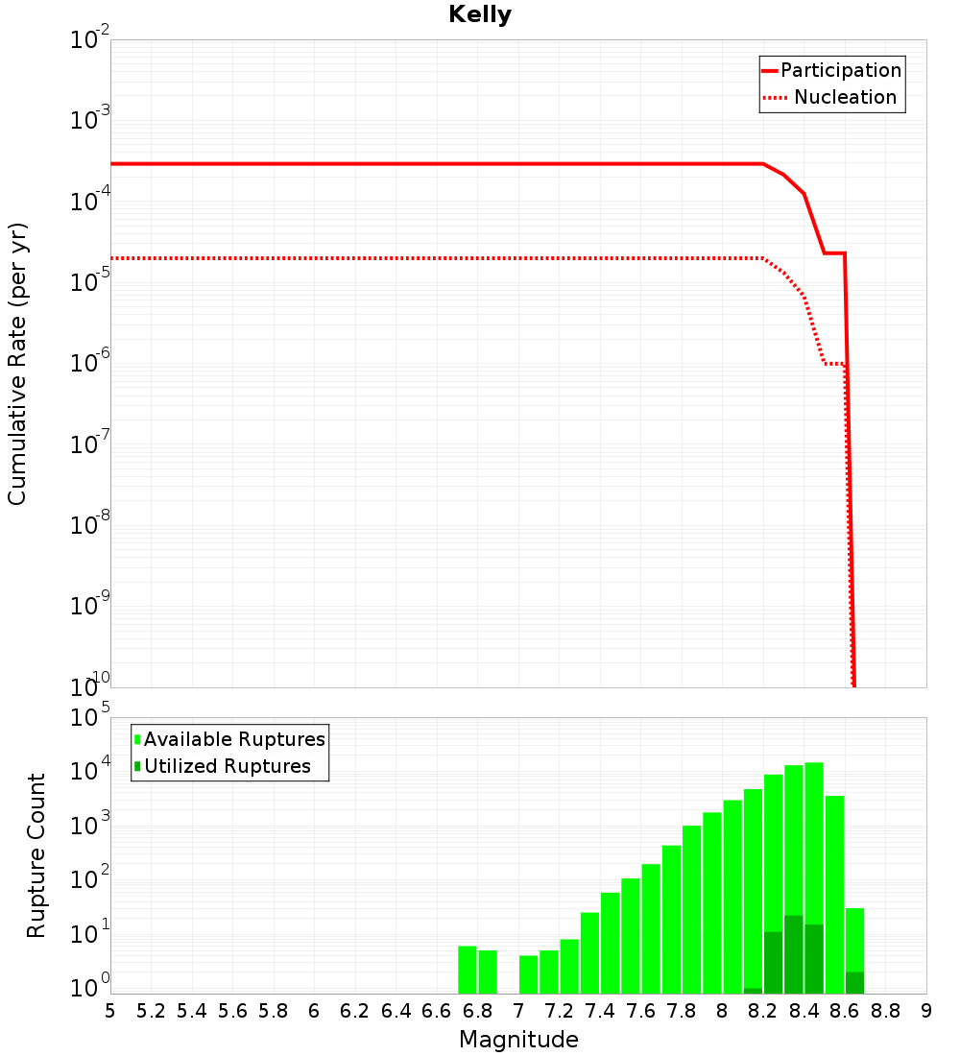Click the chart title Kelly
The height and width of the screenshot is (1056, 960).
(x=480, y=15)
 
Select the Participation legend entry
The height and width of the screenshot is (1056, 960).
(x=840, y=71)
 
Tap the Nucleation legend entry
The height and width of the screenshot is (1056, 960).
(x=845, y=98)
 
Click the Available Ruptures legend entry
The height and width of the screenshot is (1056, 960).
(x=234, y=739)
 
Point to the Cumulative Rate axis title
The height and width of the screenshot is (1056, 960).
(x=17, y=365)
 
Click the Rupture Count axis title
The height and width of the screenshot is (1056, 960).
(x=36, y=854)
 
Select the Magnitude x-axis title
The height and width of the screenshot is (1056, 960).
(x=518, y=1040)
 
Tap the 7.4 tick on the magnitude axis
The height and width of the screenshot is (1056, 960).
(x=600, y=1010)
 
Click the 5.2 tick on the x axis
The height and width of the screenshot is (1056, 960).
(x=151, y=1010)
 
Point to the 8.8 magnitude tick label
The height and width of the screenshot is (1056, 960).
(x=885, y=1010)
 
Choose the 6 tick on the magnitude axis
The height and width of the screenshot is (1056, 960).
(x=314, y=1010)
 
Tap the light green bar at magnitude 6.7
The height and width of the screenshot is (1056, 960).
(x=468, y=970)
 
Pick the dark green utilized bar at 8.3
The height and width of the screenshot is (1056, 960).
(x=794, y=955)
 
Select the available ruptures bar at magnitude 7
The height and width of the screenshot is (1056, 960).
(x=528, y=974)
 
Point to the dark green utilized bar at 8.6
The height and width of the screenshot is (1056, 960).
(x=854, y=983)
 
